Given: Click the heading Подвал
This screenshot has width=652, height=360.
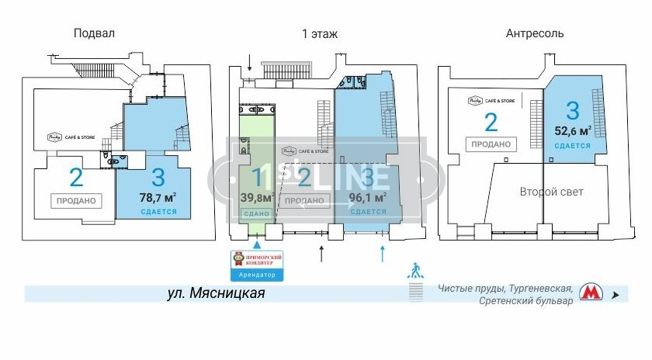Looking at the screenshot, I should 94,33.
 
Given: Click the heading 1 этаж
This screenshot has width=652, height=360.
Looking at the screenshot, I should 319,33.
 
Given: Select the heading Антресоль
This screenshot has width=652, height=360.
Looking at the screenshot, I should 535,33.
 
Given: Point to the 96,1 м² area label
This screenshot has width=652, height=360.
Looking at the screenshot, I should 368,198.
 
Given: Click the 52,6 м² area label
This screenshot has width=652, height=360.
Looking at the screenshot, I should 573,130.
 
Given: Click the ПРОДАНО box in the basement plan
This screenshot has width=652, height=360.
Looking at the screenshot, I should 76,200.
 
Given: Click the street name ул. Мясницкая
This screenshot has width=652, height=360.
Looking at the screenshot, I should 217,293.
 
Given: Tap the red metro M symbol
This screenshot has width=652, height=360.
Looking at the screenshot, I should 591,293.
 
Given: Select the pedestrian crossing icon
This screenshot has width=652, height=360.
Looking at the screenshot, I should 417,270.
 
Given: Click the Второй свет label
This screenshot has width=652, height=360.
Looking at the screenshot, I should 551,192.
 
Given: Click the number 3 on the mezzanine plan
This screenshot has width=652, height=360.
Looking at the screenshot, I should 573,109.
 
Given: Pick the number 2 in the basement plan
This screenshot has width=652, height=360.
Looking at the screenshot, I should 76,178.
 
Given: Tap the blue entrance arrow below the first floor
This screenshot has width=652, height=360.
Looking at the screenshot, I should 381,252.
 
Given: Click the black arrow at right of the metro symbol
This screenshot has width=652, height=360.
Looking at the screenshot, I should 616,295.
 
